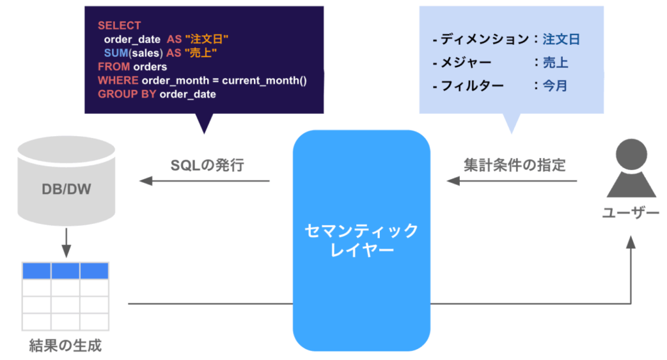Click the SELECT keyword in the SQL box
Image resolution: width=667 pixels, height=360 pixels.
[119, 25]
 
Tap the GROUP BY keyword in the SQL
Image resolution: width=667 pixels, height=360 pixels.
[127, 94]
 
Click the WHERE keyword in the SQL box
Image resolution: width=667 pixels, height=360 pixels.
[118, 80]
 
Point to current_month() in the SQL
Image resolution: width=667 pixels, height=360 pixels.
[264, 80]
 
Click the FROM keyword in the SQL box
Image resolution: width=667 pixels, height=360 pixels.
[114, 66]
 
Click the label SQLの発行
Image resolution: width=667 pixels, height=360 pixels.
[207, 165]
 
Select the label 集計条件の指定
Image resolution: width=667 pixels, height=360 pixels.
[515, 165]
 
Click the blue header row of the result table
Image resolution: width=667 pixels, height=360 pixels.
[65, 271]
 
